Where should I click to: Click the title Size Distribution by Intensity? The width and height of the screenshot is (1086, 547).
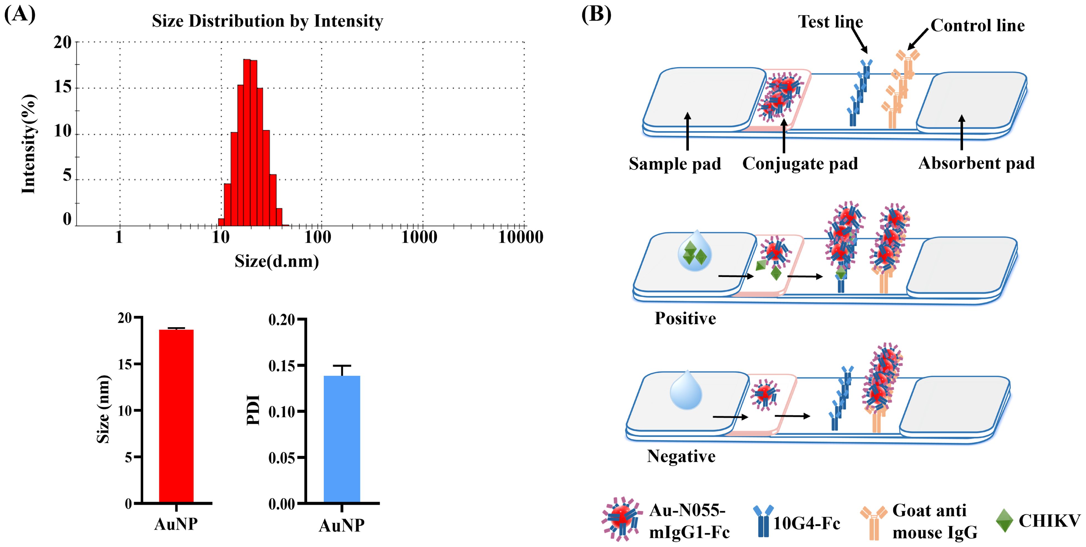(267, 21)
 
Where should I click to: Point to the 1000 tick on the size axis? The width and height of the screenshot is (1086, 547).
(419, 237)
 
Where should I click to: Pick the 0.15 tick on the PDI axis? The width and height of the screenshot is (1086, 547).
(282, 366)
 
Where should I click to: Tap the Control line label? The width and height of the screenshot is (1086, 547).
(977, 26)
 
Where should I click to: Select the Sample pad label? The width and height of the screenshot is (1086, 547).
(674, 164)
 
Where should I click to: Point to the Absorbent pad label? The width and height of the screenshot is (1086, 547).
(976, 163)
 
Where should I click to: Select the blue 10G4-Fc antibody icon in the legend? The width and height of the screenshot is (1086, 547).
(763, 521)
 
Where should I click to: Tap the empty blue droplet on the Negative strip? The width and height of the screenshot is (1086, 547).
(686, 391)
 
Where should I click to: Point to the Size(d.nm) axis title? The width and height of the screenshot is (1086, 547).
(277, 261)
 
